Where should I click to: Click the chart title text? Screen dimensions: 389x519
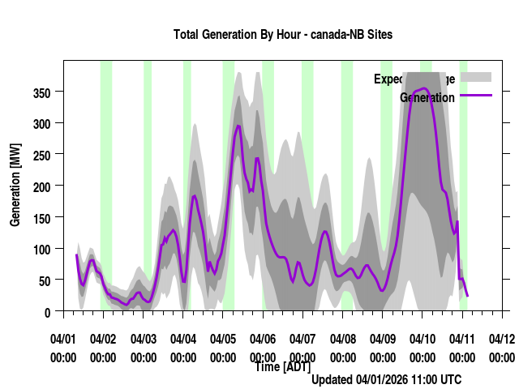pyautogui.click(x=282, y=35)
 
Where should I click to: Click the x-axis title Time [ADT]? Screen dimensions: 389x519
pyautogui.click(x=281, y=367)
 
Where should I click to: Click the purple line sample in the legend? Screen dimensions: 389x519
pyautogui.click(x=475, y=96)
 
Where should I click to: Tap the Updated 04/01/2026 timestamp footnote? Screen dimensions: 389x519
pyautogui.click(x=387, y=379)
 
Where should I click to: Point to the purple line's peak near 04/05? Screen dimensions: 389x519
pyautogui.click(x=238, y=126)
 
